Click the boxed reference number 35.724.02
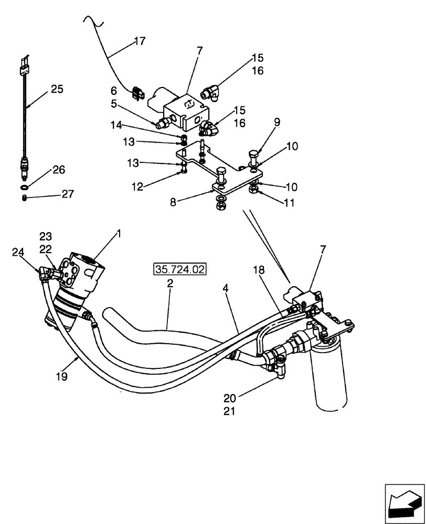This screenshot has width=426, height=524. pos(180,270)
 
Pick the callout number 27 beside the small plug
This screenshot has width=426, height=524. pos(68,194)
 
